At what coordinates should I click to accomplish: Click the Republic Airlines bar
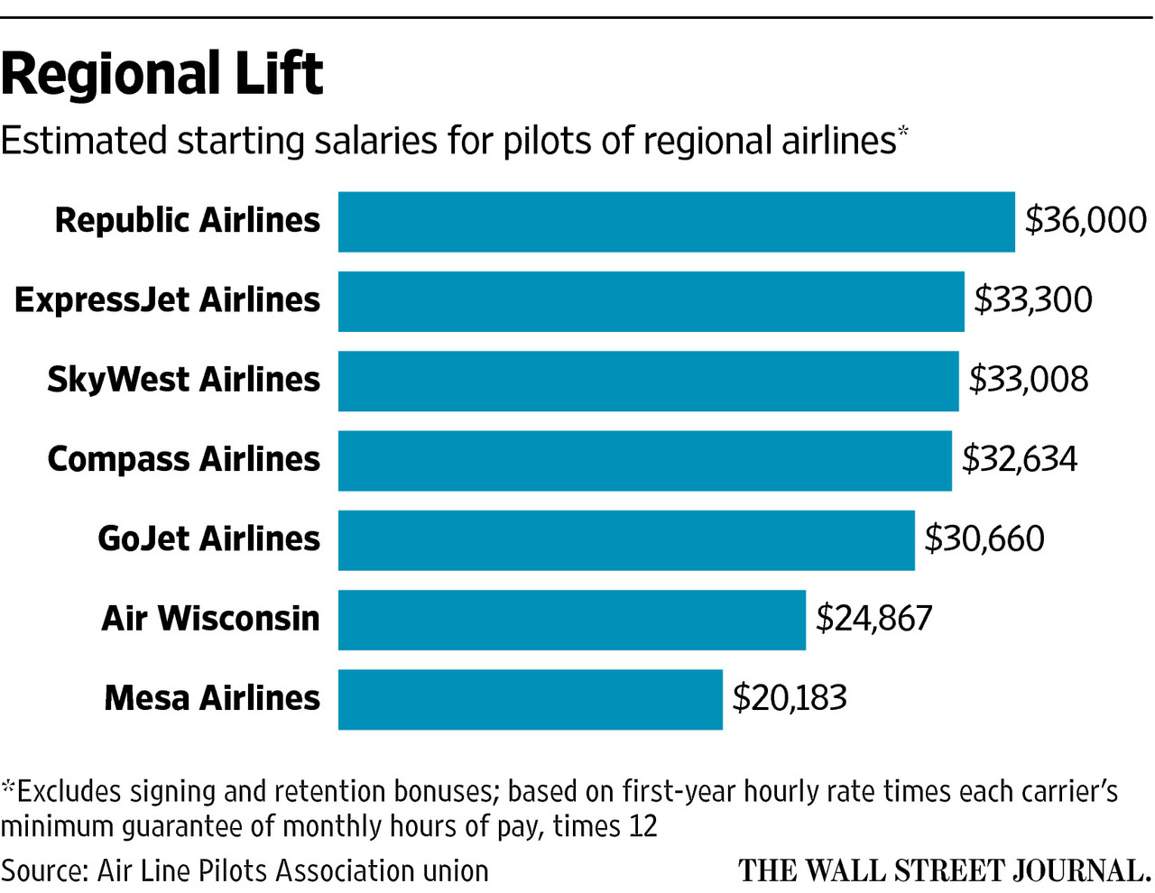tap(676, 222)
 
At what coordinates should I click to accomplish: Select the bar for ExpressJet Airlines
tap(651, 301)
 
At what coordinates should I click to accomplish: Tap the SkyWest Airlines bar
tap(648, 381)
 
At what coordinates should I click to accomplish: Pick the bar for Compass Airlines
tap(644, 460)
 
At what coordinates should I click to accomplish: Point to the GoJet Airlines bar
tap(626, 539)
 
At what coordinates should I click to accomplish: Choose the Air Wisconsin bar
tap(571, 620)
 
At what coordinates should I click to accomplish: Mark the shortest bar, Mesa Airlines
tap(530, 699)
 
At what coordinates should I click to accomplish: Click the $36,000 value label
tap(1086, 221)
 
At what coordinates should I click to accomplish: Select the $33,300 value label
tap(1032, 300)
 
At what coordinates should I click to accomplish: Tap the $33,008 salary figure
tap(1029, 380)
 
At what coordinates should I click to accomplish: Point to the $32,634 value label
tap(1020, 459)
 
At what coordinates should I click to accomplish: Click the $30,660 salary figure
tap(984, 539)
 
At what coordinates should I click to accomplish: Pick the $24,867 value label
tap(873, 619)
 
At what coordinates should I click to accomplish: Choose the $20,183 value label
tap(790, 698)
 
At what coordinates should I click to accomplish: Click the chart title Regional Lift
tap(162, 74)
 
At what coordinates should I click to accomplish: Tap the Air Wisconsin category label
tap(210, 619)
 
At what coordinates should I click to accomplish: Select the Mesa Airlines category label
tap(212, 698)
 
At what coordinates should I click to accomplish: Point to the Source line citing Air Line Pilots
tap(245, 871)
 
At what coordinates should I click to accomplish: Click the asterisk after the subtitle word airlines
tap(903, 132)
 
